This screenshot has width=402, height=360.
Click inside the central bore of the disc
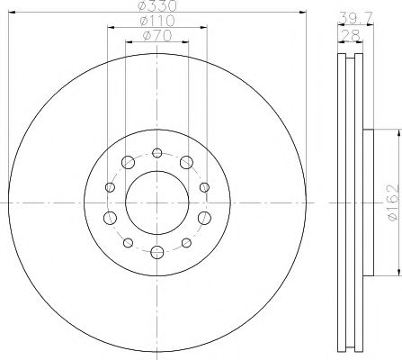click(156, 202)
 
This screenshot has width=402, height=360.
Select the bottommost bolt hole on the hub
click(156, 252)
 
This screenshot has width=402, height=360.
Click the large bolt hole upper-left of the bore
click(127, 163)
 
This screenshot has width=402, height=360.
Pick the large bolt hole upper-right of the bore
click(185, 163)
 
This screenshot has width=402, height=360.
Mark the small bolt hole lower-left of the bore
click(127, 242)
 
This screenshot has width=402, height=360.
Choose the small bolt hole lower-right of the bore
click(185, 242)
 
